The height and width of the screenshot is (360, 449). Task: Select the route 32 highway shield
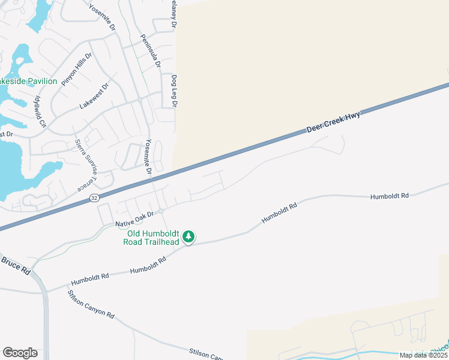click(x=94, y=197)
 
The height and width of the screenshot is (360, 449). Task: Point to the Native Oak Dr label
click(x=135, y=218)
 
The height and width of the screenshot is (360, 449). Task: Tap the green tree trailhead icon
click(x=189, y=238)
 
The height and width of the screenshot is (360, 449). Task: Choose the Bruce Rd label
click(x=16, y=266)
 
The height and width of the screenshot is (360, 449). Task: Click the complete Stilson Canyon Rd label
click(x=91, y=304)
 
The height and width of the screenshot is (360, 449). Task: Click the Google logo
click(x=20, y=352)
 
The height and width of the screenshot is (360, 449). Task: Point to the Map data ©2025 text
click(x=423, y=355)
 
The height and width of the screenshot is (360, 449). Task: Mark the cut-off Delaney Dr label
click(x=173, y=15)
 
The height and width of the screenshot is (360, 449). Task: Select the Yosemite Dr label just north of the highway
click(x=148, y=158)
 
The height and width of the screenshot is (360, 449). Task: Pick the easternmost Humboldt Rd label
click(x=389, y=196)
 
